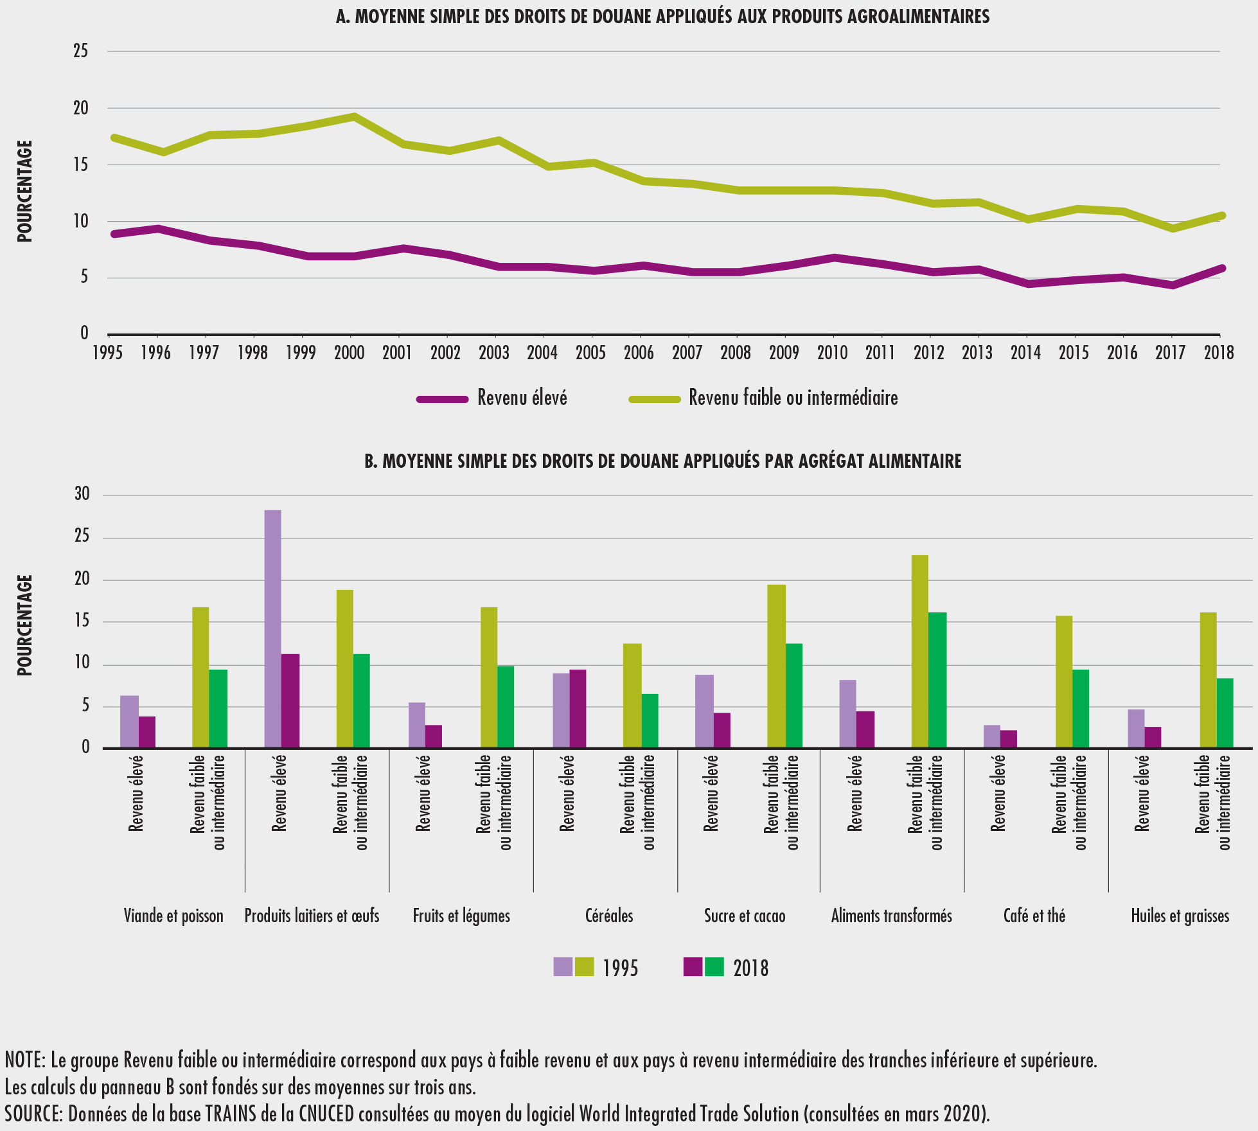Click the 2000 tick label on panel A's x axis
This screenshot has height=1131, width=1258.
pos(350,352)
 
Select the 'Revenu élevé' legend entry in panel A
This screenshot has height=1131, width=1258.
pos(522,398)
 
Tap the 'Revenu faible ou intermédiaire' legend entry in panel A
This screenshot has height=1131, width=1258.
pos(793,398)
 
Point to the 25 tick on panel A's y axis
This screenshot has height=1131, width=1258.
pos(81,51)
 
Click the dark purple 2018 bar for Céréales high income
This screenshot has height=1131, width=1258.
pos(578,708)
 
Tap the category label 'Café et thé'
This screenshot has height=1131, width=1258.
pos(1034,916)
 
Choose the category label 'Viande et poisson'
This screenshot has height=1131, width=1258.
pos(173,916)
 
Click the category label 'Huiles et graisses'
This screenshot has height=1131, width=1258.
pos(1180,916)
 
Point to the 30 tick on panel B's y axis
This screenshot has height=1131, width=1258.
pos(82,494)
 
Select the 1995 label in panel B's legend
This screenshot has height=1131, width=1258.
pos(620,968)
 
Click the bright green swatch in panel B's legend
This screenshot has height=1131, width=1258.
pos(714,966)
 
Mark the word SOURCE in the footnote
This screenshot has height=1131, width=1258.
pos(31,1114)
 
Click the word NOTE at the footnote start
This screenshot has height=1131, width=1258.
pos(23,1060)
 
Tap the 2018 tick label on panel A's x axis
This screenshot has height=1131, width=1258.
pos(1218,352)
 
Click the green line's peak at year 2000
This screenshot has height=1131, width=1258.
pos(354,116)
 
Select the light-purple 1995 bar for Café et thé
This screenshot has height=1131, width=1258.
pos(992,736)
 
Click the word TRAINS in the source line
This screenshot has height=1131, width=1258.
pos(231,1114)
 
